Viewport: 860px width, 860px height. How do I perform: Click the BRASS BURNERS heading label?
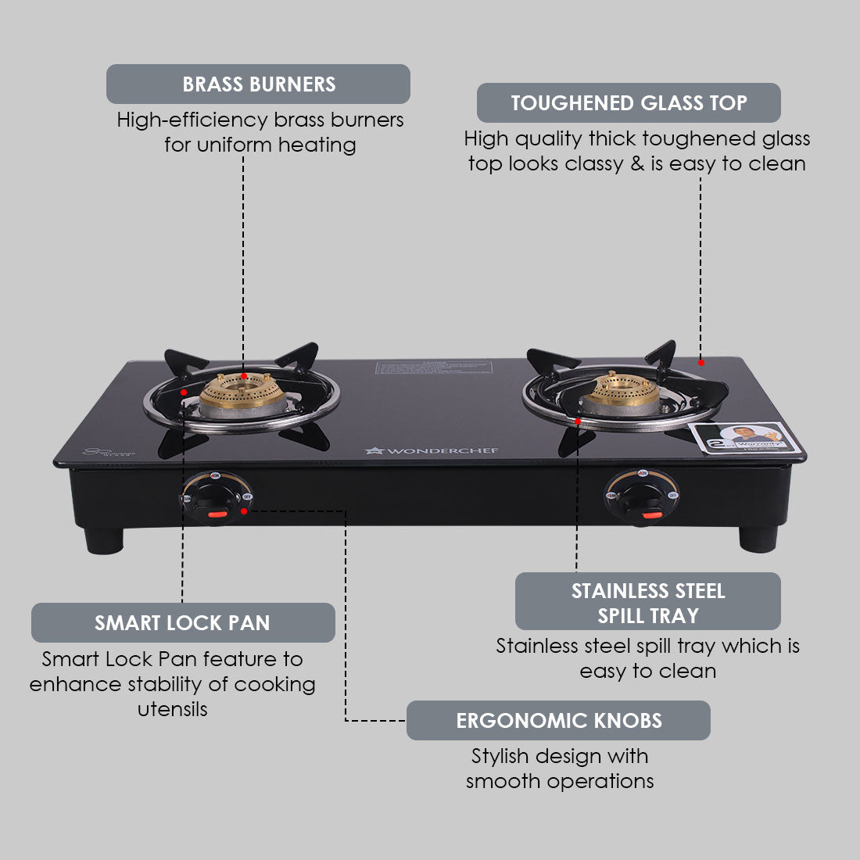(258, 84)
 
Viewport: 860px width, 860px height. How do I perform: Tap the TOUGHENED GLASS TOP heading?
(629, 103)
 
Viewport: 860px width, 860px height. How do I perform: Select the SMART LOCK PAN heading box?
(183, 623)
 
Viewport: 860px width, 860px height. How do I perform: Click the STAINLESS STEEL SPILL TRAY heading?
(647, 602)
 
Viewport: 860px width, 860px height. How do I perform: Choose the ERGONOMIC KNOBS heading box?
(558, 721)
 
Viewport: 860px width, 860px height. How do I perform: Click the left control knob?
(215, 499)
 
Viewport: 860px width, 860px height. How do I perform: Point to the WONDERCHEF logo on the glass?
(432, 450)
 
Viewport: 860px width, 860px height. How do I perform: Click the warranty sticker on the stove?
(747, 439)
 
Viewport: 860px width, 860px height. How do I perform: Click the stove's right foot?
(758, 538)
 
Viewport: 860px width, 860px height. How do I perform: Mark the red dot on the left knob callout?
(245, 511)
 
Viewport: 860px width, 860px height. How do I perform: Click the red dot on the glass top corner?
(701, 362)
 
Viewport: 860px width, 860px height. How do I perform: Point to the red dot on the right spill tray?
(577, 421)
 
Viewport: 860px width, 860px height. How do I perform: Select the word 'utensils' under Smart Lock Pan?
(173, 710)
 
